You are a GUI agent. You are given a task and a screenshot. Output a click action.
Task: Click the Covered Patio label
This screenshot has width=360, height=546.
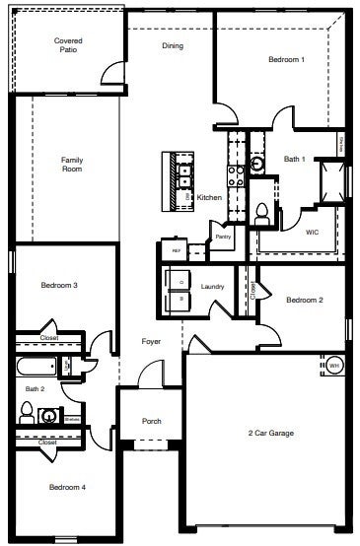tap(67, 43)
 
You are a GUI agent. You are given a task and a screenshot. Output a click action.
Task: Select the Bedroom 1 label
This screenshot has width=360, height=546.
tap(286, 60)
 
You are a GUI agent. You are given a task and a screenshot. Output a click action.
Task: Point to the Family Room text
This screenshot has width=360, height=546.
tap(72, 164)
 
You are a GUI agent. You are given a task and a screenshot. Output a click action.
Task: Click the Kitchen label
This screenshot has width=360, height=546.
tap(209, 197)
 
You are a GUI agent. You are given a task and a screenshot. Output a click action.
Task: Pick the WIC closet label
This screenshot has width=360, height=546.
tap(312, 233)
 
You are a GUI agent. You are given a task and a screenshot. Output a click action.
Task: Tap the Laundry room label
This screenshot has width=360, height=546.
tap(212, 287)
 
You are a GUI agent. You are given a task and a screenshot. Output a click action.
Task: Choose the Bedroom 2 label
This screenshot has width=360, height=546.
tap(305, 300)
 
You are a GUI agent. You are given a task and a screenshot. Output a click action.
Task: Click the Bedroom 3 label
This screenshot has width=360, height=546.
tap(59, 286)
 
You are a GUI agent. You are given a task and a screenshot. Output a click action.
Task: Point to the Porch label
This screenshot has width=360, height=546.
tap(151, 421)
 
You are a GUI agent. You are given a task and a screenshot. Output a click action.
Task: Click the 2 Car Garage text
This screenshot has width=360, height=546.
tap(270, 433)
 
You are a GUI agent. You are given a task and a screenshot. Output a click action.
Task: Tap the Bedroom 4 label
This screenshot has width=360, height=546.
tap(68, 487)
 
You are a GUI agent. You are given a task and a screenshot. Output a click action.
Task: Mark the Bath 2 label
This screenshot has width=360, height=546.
tap(36, 389)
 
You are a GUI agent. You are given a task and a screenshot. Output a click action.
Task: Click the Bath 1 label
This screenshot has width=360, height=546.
tap(295, 159)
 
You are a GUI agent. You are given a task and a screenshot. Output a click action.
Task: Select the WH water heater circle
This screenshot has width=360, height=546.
tap(333, 365)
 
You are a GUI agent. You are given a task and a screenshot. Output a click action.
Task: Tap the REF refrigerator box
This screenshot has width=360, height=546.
tap(177, 250)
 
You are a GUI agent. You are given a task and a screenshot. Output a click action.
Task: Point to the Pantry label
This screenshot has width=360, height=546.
tap(223, 236)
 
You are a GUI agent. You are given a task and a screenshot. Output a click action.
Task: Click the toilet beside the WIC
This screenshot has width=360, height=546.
tap(262, 210)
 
